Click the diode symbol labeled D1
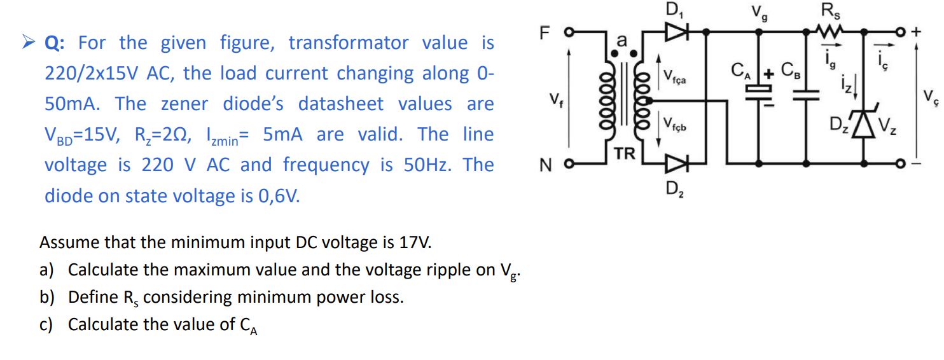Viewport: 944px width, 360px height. click(673, 29)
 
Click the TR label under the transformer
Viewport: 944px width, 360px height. click(624, 153)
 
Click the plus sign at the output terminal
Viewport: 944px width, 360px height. click(917, 31)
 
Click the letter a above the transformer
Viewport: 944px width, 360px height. click(623, 39)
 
